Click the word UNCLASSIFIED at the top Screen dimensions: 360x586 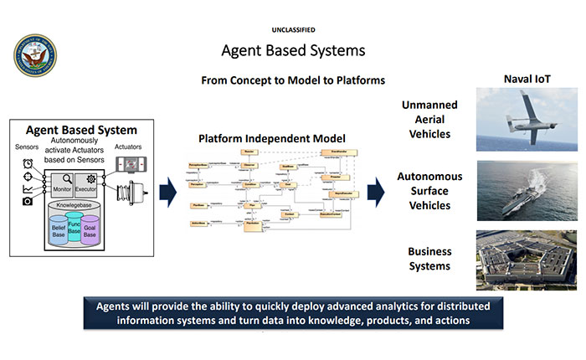point(292,30)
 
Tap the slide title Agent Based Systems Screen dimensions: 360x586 point(293,51)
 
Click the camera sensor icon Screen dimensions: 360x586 point(28,202)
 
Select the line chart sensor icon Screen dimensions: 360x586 point(28,189)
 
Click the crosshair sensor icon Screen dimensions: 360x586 point(28,176)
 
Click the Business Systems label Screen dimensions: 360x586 point(429,259)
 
